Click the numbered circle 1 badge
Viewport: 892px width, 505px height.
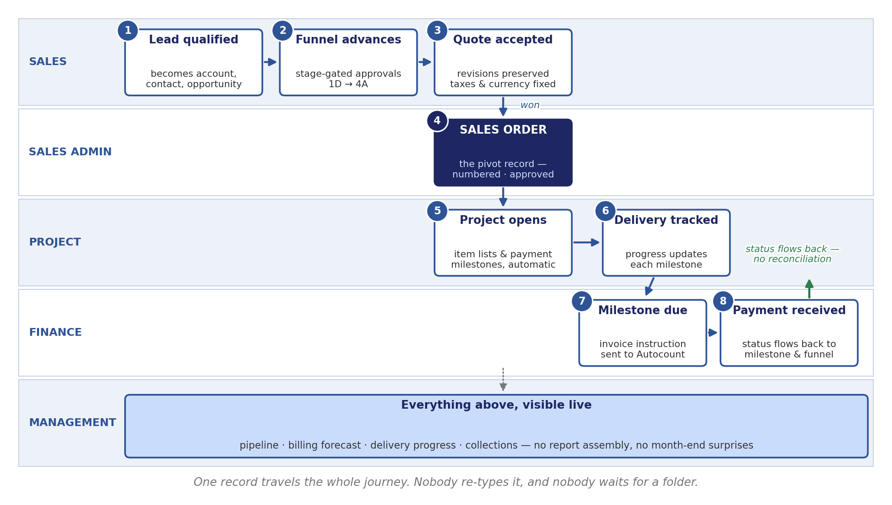click(x=128, y=31)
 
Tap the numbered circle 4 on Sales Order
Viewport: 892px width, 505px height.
click(x=437, y=121)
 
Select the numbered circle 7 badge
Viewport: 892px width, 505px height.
click(x=582, y=302)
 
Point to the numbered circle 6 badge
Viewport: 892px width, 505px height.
click(x=605, y=211)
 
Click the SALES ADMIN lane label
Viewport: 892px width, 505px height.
click(x=70, y=152)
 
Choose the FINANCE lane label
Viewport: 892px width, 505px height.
click(x=55, y=333)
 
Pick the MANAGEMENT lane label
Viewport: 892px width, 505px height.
click(x=72, y=423)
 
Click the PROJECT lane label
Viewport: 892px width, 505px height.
click(x=55, y=243)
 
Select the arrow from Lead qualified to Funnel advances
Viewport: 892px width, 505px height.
click(x=270, y=62)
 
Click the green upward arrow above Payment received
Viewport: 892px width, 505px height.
click(x=809, y=289)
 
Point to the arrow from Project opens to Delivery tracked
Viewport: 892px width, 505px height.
click(x=586, y=243)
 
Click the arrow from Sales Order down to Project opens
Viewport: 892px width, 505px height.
click(x=503, y=197)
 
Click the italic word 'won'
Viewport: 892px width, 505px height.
click(x=530, y=105)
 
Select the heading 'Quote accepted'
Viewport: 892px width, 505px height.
click(x=503, y=40)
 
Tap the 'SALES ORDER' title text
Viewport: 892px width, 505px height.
click(x=503, y=130)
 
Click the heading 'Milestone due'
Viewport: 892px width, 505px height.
click(x=642, y=311)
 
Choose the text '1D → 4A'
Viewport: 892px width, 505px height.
click(x=348, y=85)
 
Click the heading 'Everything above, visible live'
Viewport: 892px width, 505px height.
click(x=496, y=405)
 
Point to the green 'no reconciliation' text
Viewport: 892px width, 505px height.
click(x=792, y=259)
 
